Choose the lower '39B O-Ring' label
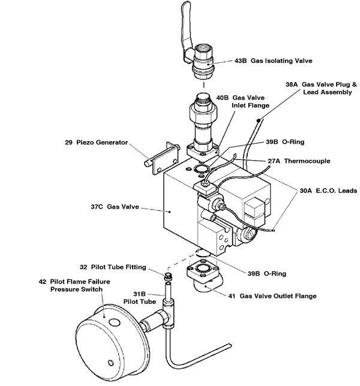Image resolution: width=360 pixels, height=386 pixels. click(262, 273)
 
